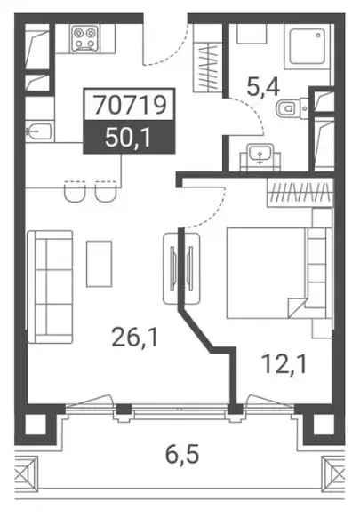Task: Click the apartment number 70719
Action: [x=130, y=105]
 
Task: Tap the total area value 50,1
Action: [x=128, y=138]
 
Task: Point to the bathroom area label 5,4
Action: [x=263, y=87]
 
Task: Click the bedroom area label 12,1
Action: [x=284, y=364]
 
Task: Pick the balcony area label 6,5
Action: [x=182, y=454]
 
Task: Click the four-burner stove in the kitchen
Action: [x=85, y=38]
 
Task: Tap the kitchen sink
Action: [x=39, y=131]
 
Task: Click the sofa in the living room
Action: [x=50, y=287]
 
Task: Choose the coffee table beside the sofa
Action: [x=100, y=264]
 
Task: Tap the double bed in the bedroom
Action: [x=279, y=273]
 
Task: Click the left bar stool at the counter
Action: [x=76, y=191]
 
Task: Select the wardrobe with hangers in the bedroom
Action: [x=300, y=193]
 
